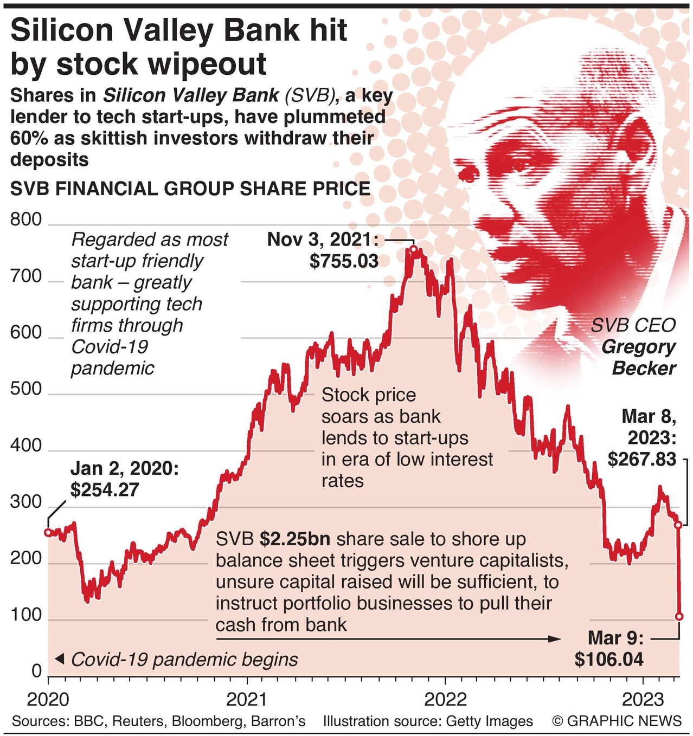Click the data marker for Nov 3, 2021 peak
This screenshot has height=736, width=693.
tap(414, 249)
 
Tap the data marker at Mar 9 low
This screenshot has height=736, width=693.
tap(679, 617)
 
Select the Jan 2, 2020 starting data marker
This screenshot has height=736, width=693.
tap(48, 533)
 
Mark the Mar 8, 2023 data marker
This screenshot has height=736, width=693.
tap(678, 525)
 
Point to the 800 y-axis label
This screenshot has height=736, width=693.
tap(26, 219)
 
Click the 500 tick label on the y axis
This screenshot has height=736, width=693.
tap(26, 389)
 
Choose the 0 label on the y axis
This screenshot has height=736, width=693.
tap(36, 671)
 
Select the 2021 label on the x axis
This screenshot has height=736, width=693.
tap(247, 699)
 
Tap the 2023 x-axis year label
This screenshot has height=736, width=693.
tap(643, 699)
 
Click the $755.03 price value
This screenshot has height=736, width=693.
tap(344, 261)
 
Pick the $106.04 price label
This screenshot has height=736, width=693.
tap(609, 660)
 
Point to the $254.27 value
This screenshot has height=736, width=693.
tap(105, 490)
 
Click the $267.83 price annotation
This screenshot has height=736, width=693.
tap(642, 460)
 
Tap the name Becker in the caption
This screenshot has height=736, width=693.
tap(644, 369)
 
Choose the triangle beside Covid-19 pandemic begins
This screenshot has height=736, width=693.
tap(60, 659)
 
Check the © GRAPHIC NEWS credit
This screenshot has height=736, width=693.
tap(617, 721)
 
